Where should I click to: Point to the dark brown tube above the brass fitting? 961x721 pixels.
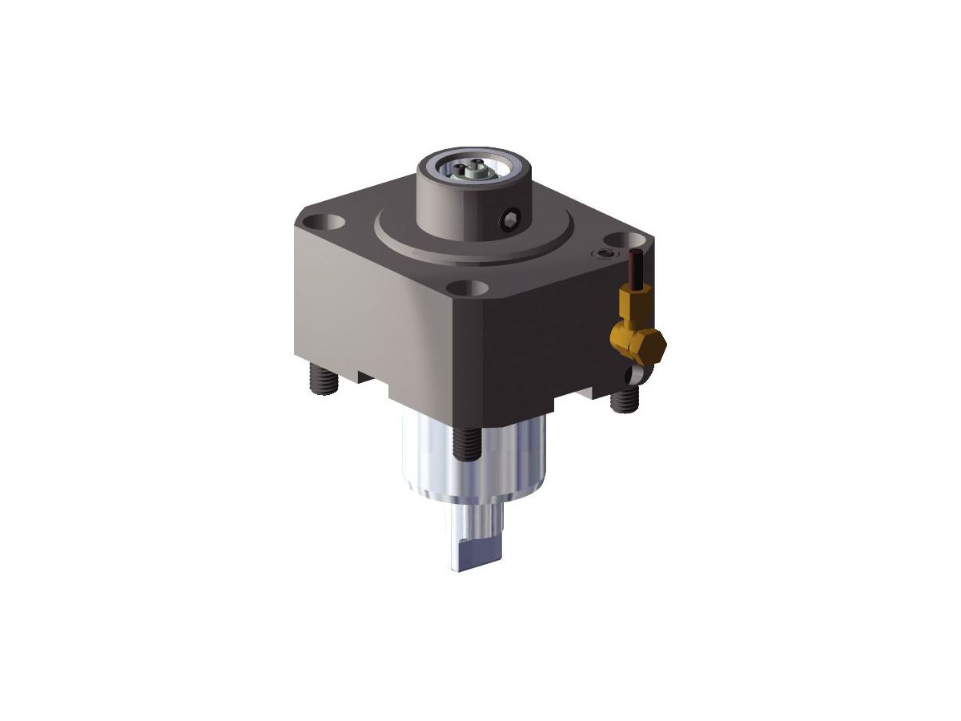point(636,268)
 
